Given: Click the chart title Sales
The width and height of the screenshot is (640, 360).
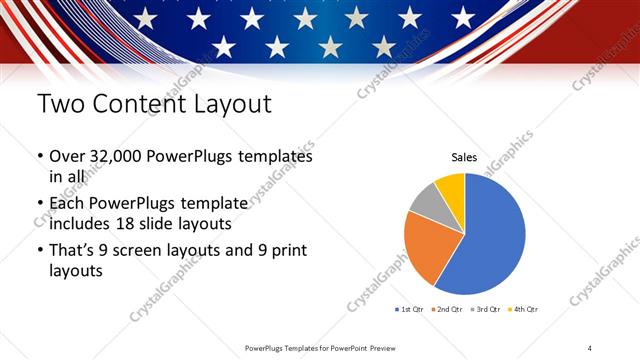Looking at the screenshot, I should click(464, 157).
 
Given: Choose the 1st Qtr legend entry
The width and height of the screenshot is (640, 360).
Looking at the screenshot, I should click(410, 310).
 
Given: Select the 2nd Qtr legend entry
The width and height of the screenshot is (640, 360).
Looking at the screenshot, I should click(447, 310).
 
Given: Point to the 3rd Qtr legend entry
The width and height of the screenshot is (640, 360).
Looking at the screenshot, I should click(485, 310).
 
